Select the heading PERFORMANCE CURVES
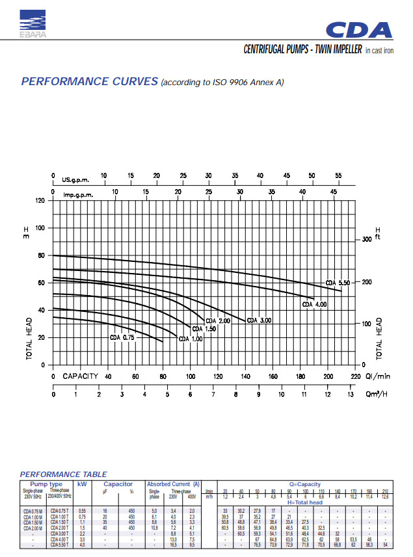click(x=90, y=81)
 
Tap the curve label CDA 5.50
click(x=338, y=283)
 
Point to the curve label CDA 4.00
click(x=313, y=304)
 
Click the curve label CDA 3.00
click(x=259, y=320)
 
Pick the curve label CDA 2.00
click(x=218, y=321)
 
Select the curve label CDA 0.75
click(x=122, y=338)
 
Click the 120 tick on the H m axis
click(x=40, y=201)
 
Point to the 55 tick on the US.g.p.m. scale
click(x=338, y=176)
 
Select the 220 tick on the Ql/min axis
click(x=355, y=376)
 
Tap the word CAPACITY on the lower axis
click(x=80, y=376)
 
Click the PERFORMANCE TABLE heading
click(x=64, y=474)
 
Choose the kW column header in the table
click(x=82, y=484)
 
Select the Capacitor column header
click(x=118, y=484)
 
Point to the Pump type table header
click(x=47, y=484)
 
